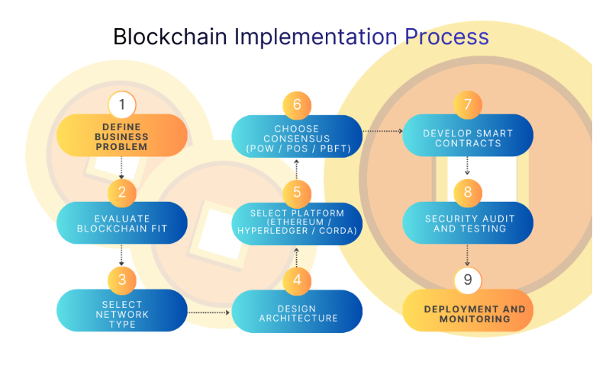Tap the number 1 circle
pos(122,104)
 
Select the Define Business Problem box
pos(122,136)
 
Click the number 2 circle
pos(122,192)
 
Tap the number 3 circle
pos(122,280)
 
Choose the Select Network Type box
pos(122,313)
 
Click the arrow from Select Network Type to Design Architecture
pos(209,312)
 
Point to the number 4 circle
pos(297,280)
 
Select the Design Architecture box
pos(297,313)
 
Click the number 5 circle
pos(297,192)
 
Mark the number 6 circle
pos(297,104)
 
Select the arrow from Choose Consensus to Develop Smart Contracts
pos(382,131)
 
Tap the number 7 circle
pos(468,104)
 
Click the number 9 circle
pos(468,280)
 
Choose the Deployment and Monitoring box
pos(468,313)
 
